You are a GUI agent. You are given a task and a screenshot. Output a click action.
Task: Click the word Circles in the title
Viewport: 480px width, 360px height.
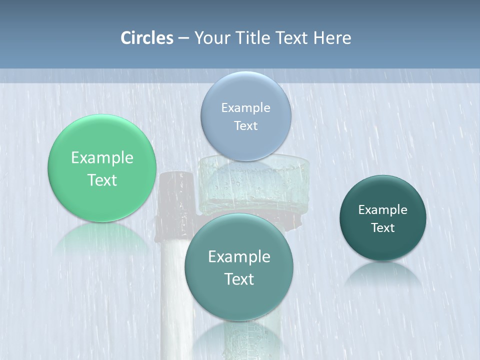[x=146, y=38]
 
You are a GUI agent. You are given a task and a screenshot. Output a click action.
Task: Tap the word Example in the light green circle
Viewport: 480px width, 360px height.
[x=102, y=158]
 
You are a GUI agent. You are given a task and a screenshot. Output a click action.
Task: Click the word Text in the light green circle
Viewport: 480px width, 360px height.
[x=102, y=180]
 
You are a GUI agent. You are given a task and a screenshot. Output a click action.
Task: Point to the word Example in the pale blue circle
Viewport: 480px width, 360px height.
[x=245, y=107]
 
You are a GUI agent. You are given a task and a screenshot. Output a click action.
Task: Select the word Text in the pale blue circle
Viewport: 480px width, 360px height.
[x=245, y=125]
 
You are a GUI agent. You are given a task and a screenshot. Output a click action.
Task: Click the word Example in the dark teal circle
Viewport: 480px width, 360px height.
[x=383, y=209]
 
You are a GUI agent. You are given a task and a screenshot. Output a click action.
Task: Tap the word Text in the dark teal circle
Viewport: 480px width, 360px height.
[x=383, y=227]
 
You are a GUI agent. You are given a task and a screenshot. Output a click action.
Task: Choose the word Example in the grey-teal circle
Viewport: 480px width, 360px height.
[x=239, y=257]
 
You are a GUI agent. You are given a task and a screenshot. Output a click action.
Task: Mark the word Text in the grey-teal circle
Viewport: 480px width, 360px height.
[x=239, y=279]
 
